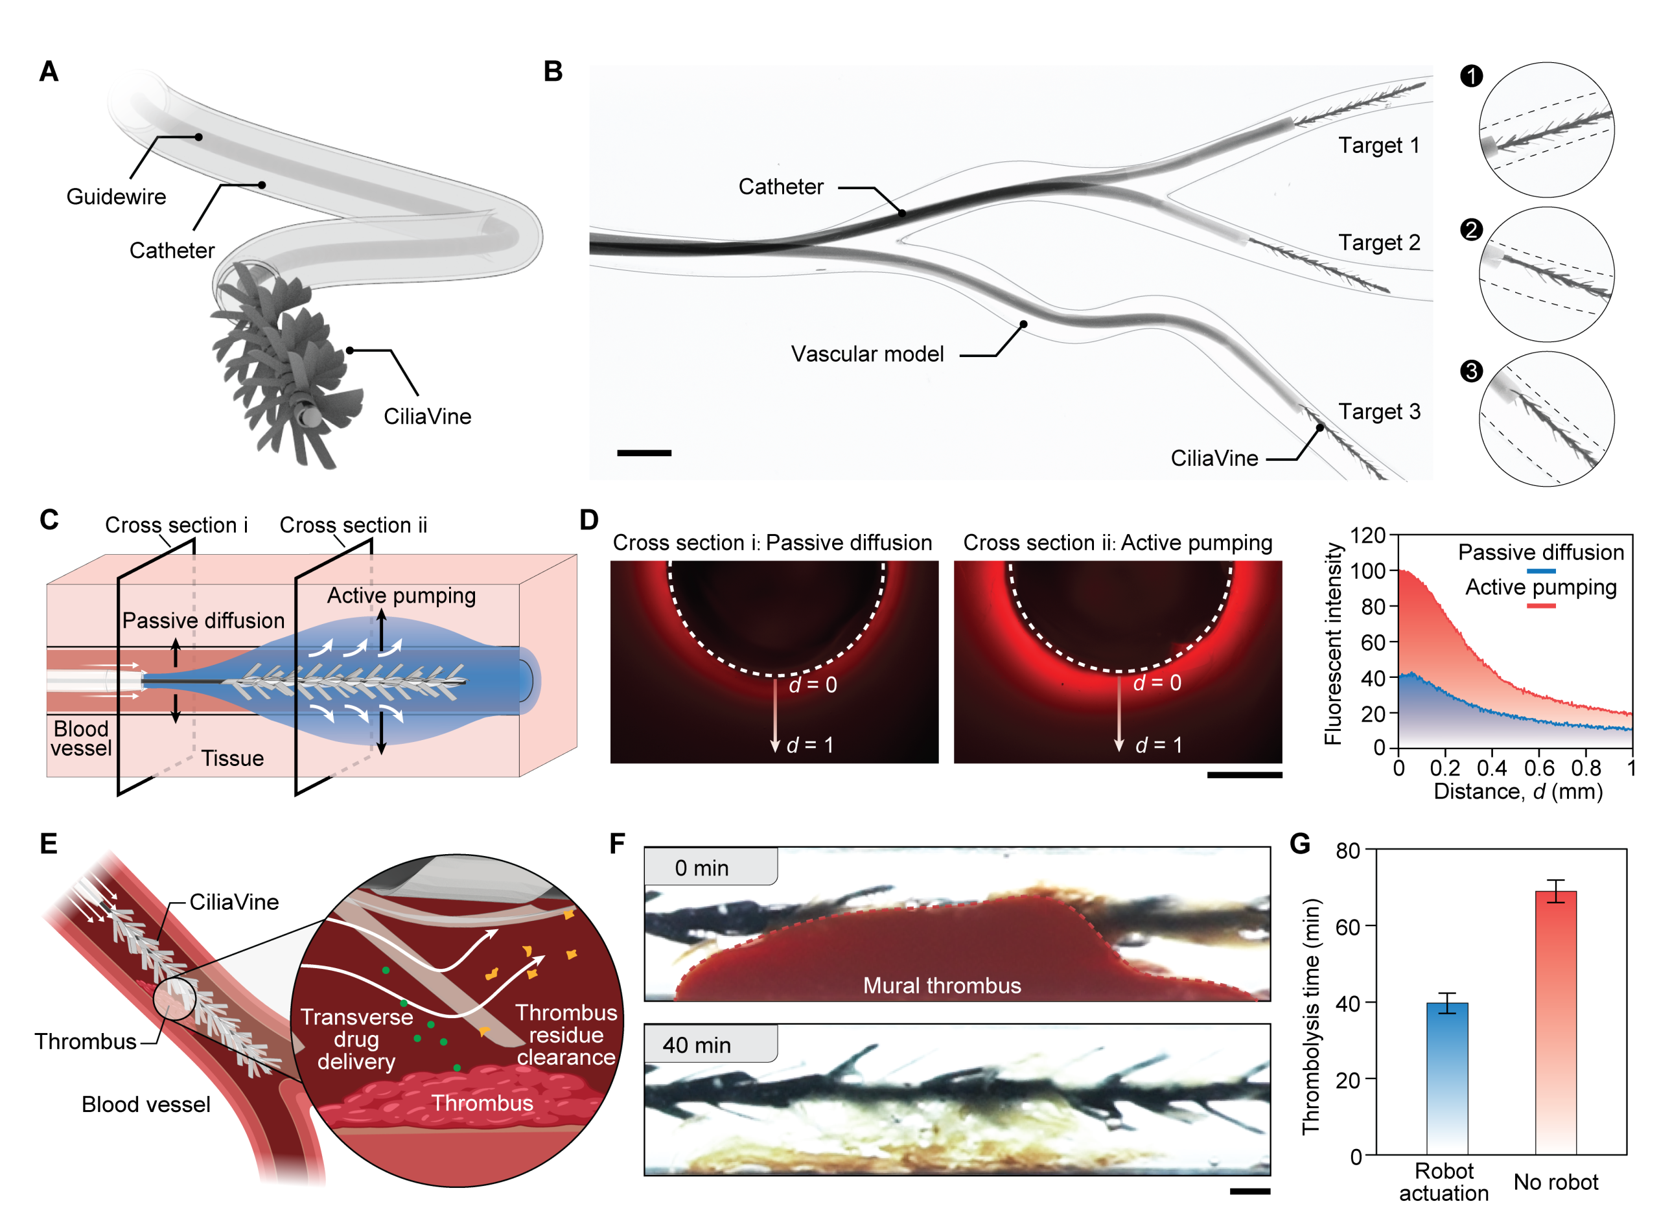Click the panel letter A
49,71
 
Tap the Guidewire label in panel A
116,196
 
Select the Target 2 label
1379,243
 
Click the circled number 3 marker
1470,371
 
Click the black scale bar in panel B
644,453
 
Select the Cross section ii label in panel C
353,525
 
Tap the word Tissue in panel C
232,758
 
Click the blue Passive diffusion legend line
1540,570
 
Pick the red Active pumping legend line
1540,605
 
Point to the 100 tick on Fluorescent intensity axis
1368,570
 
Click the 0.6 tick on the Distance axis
1538,768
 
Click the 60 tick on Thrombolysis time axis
1349,926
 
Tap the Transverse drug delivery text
356,1039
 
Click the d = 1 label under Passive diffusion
809,745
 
